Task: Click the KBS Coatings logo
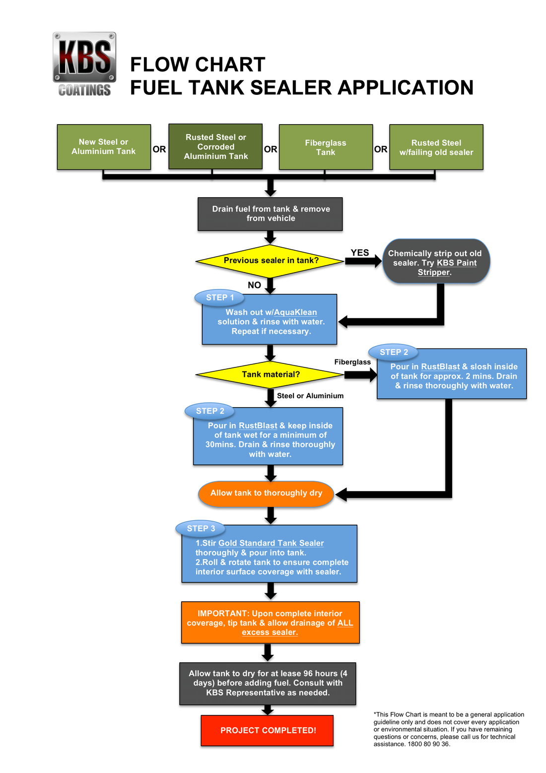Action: coord(84,64)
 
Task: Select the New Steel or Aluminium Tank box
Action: coord(104,147)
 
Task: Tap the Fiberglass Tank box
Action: coord(326,147)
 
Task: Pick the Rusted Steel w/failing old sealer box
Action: coord(436,147)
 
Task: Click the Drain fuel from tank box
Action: coord(270,214)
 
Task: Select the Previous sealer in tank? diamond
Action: coord(271,261)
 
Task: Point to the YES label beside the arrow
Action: coord(360,253)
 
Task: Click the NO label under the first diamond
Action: coord(254,285)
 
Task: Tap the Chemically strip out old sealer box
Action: coord(436,262)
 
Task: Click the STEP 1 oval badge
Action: coord(220,297)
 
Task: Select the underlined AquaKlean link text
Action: coord(295,312)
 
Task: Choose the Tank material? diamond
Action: coord(271,374)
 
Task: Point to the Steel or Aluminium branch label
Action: coord(310,396)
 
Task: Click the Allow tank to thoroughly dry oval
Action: coord(266,493)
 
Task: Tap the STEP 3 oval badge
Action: coord(201,529)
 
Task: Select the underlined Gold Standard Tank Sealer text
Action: coord(271,543)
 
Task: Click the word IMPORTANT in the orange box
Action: coord(222,614)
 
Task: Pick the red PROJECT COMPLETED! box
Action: coord(268,730)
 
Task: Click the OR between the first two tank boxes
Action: coord(159,149)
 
